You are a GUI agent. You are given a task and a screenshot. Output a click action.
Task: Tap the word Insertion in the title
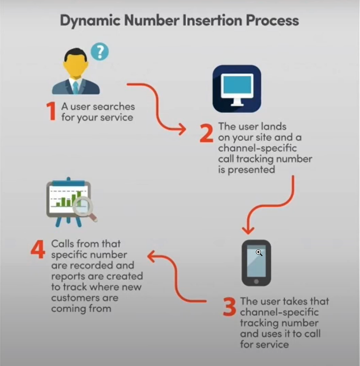[209, 20]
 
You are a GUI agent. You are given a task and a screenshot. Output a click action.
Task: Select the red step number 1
[51, 111]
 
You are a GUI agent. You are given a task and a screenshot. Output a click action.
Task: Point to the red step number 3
[229, 306]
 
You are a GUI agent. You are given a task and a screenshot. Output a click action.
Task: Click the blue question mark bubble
[100, 52]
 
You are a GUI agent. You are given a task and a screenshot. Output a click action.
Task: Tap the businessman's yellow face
[75, 66]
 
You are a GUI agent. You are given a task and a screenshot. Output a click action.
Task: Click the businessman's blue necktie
[75, 87]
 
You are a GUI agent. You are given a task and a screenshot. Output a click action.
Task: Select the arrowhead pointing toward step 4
[152, 257]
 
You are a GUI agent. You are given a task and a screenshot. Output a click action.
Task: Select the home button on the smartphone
[256, 281]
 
